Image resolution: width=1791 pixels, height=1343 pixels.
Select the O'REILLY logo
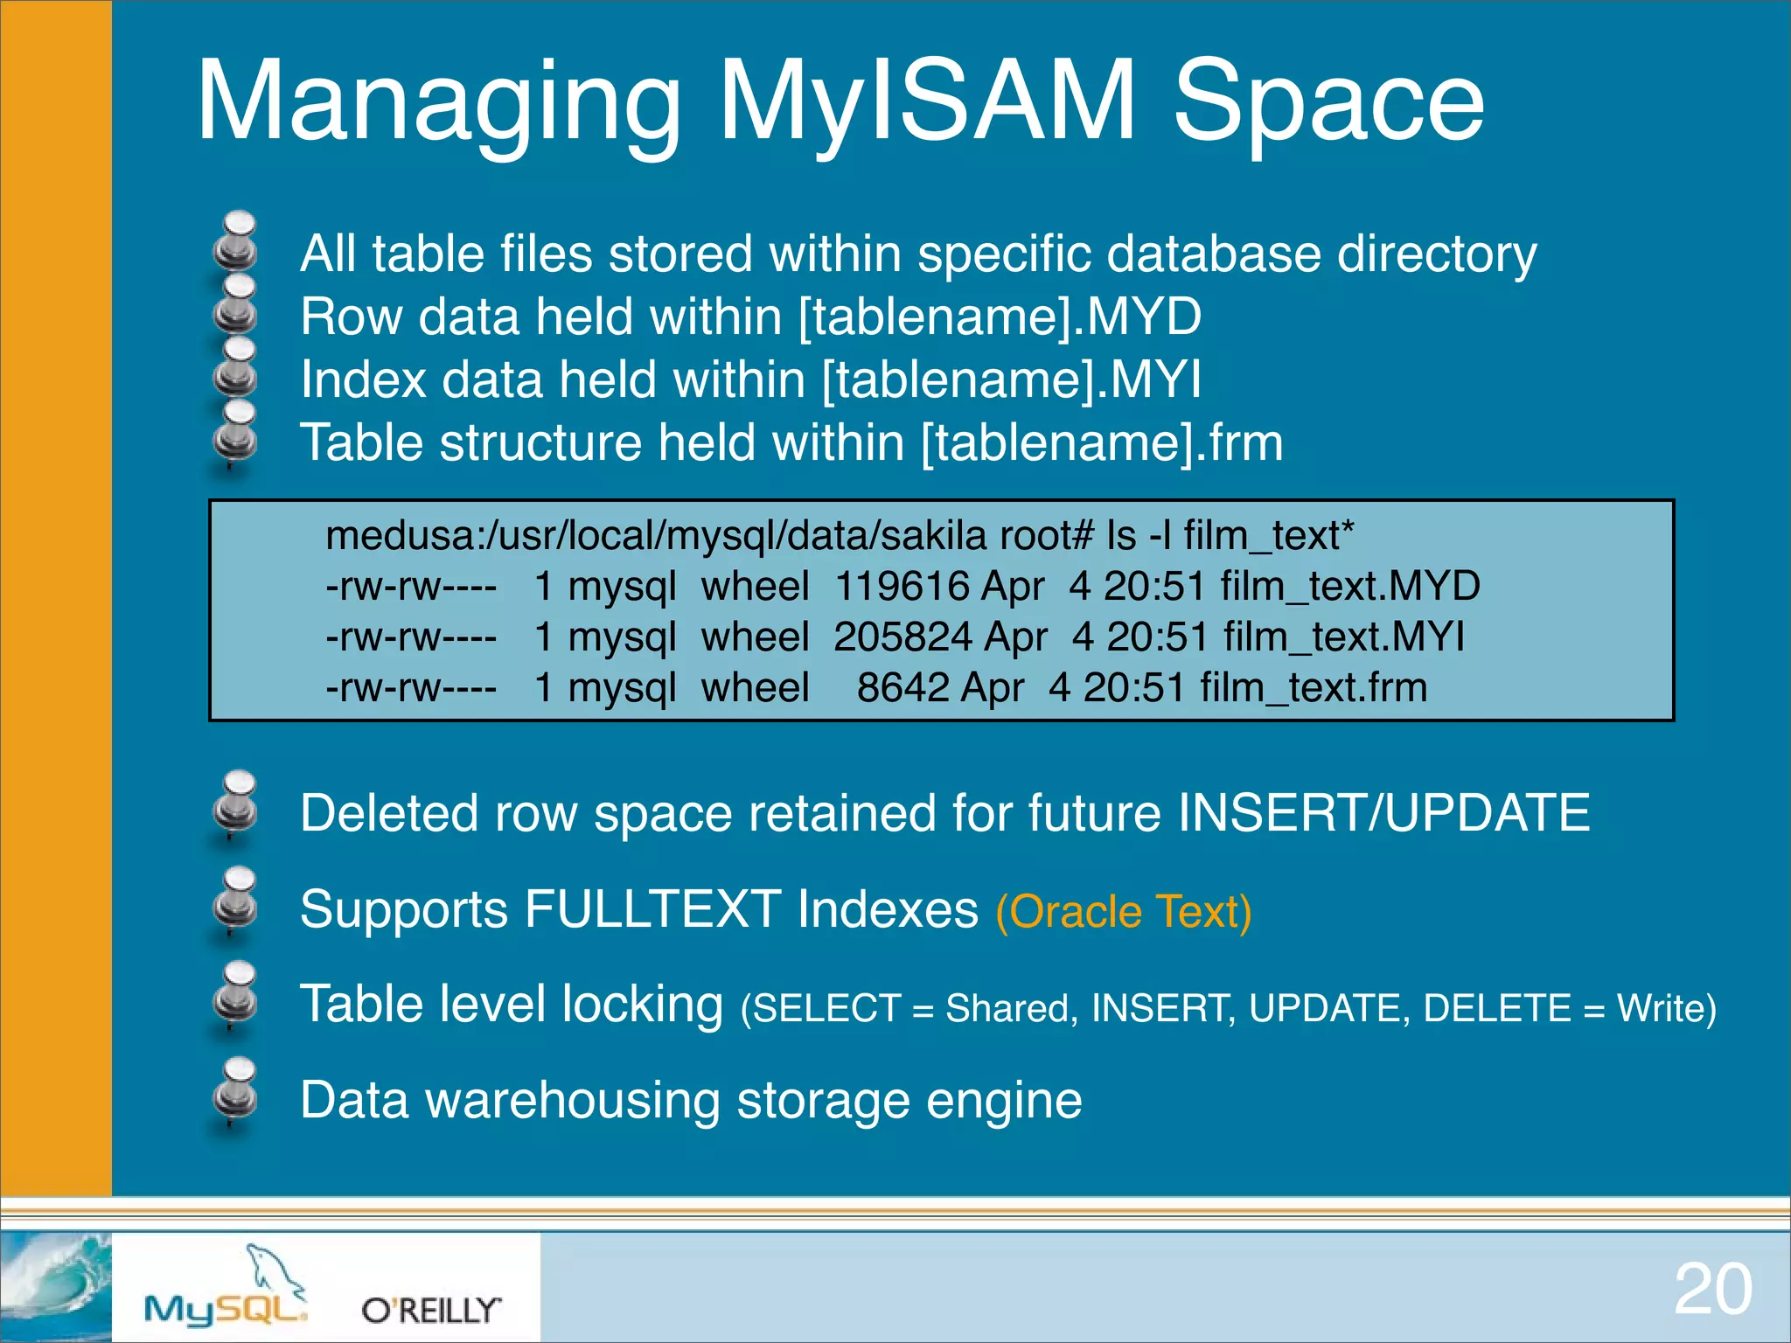[431, 1310]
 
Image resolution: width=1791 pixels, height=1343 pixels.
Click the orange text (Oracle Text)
[1124, 912]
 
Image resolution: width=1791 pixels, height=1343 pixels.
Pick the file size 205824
[904, 637]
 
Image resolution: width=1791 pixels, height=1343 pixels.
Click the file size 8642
[903, 687]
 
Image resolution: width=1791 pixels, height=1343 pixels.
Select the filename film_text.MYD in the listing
[1349, 586]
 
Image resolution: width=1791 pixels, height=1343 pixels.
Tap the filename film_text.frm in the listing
[1314, 687]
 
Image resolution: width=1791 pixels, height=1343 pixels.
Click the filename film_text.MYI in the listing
[1344, 637]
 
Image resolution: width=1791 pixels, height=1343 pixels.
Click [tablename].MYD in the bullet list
[1000, 317]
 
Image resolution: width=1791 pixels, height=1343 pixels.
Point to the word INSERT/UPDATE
[1383, 813]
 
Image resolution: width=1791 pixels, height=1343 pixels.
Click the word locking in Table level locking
[643, 1004]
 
